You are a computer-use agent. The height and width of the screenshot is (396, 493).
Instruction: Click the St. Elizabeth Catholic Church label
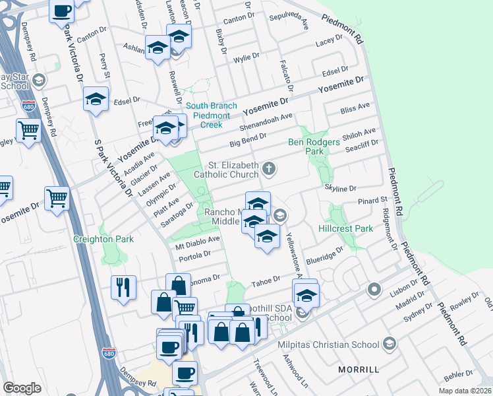point(225,170)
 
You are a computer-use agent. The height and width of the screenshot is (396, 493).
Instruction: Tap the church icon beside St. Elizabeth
point(268,168)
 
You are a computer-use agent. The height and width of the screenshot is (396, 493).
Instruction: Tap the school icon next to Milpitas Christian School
point(390,344)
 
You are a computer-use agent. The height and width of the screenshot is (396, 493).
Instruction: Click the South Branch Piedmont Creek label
point(211,115)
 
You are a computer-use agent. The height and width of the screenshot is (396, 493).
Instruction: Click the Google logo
point(22,388)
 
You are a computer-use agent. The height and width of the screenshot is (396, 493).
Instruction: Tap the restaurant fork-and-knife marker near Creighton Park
point(123,287)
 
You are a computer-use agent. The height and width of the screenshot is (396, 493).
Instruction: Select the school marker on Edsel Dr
point(96,100)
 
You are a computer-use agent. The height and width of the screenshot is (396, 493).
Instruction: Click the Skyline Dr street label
point(340,188)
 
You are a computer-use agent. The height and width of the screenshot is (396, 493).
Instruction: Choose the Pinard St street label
point(372,200)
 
